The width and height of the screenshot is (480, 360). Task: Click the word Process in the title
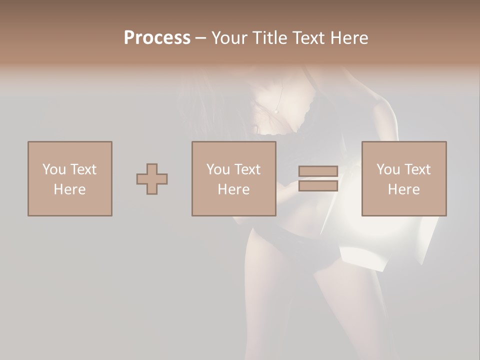coord(157,38)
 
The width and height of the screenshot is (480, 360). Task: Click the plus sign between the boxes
coord(152,179)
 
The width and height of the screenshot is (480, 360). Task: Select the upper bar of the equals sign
coord(318,171)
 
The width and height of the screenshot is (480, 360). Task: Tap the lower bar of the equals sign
coord(318,186)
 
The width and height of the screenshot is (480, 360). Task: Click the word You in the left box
coord(54,169)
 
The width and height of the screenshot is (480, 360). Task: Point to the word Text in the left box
coord(82,169)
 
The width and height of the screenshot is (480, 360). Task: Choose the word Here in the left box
coord(69,189)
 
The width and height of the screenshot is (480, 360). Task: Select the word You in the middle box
coord(218,169)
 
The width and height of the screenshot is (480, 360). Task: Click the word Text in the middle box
coord(246,169)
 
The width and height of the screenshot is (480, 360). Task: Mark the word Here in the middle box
coord(233,189)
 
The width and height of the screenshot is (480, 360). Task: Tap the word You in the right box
coord(388,169)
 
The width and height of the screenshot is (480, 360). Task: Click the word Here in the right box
coord(403,189)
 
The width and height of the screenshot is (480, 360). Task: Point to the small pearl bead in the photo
coord(275,112)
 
